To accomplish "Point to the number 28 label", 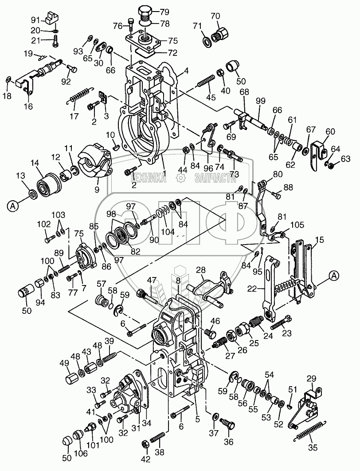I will (x=201, y=270).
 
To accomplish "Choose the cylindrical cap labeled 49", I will (x=72, y=380).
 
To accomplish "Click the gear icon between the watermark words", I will (x=181, y=178).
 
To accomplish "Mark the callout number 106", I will (x=81, y=453).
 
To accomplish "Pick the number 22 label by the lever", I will (x=252, y=289).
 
